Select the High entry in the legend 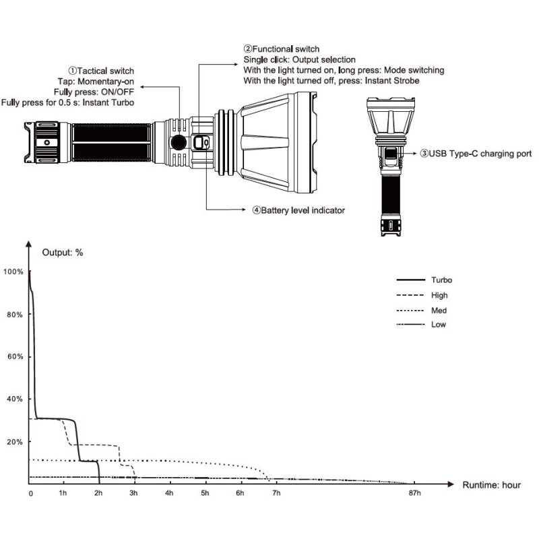(x=438, y=295)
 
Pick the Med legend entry (x=438, y=311)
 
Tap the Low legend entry (x=438, y=325)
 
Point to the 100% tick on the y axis (x=13, y=272)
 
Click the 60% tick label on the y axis (x=15, y=356)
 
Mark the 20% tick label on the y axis (x=15, y=441)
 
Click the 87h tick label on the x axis (x=414, y=494)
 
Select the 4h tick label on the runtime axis (x=169, y=494)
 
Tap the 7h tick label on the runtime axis (x=276, y=494)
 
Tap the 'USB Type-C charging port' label (x=476, y=154)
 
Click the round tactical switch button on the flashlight (x=179, y=142)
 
